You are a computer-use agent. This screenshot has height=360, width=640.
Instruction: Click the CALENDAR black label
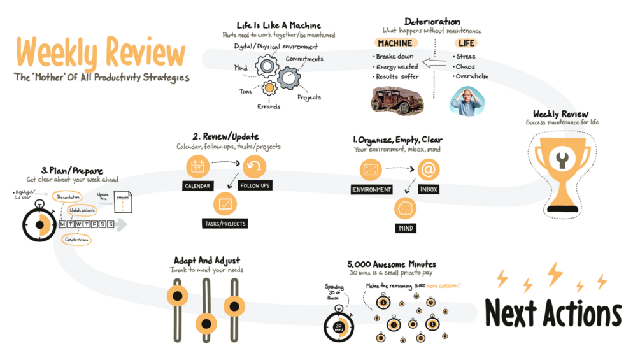pyautogui.click(x=197, y=186)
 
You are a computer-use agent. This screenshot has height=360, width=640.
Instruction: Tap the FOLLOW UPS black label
pyautogui.click(x=254, y=186)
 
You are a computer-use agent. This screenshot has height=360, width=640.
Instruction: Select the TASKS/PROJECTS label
pyautogui.click(x=225, y=224)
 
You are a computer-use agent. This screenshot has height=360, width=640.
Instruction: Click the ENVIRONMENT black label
pyautogui.click(x=371, y=189)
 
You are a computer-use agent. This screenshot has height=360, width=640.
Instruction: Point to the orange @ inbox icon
pyautogui.click(x=429, y=169)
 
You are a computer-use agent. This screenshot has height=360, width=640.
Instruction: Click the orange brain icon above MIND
pyautogui.click(x=406, y=208)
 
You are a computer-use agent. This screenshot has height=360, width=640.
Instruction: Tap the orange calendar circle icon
pyautogui.click(x=197, y=168)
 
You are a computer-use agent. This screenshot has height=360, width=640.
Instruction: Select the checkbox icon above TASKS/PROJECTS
pyautogui.click(x=225, y=205)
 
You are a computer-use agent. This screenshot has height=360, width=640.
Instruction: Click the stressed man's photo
pyautogui.click(x=466, y=101)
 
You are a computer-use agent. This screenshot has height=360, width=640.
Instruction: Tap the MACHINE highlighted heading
pyautogui.click(x=395, y=43)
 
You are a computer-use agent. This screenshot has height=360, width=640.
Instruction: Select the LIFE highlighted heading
pyautogui.click(x=466, y=43)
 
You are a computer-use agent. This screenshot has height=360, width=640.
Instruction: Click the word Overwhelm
pyautogui.click(x=472, y=76)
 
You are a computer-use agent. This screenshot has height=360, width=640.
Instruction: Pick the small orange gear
pyautogui.click(x=269, y=87)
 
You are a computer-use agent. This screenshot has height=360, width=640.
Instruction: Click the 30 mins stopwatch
pyautogui.click(x=339, y=323)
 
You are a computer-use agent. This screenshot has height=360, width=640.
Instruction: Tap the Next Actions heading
pyautogui.click(x=553, y=313)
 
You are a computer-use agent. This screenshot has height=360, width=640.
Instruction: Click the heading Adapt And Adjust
pyautogui.click(x=207, y=261)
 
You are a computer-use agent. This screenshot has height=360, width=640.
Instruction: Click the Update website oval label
pyautogui.click(x=82, y=210)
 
